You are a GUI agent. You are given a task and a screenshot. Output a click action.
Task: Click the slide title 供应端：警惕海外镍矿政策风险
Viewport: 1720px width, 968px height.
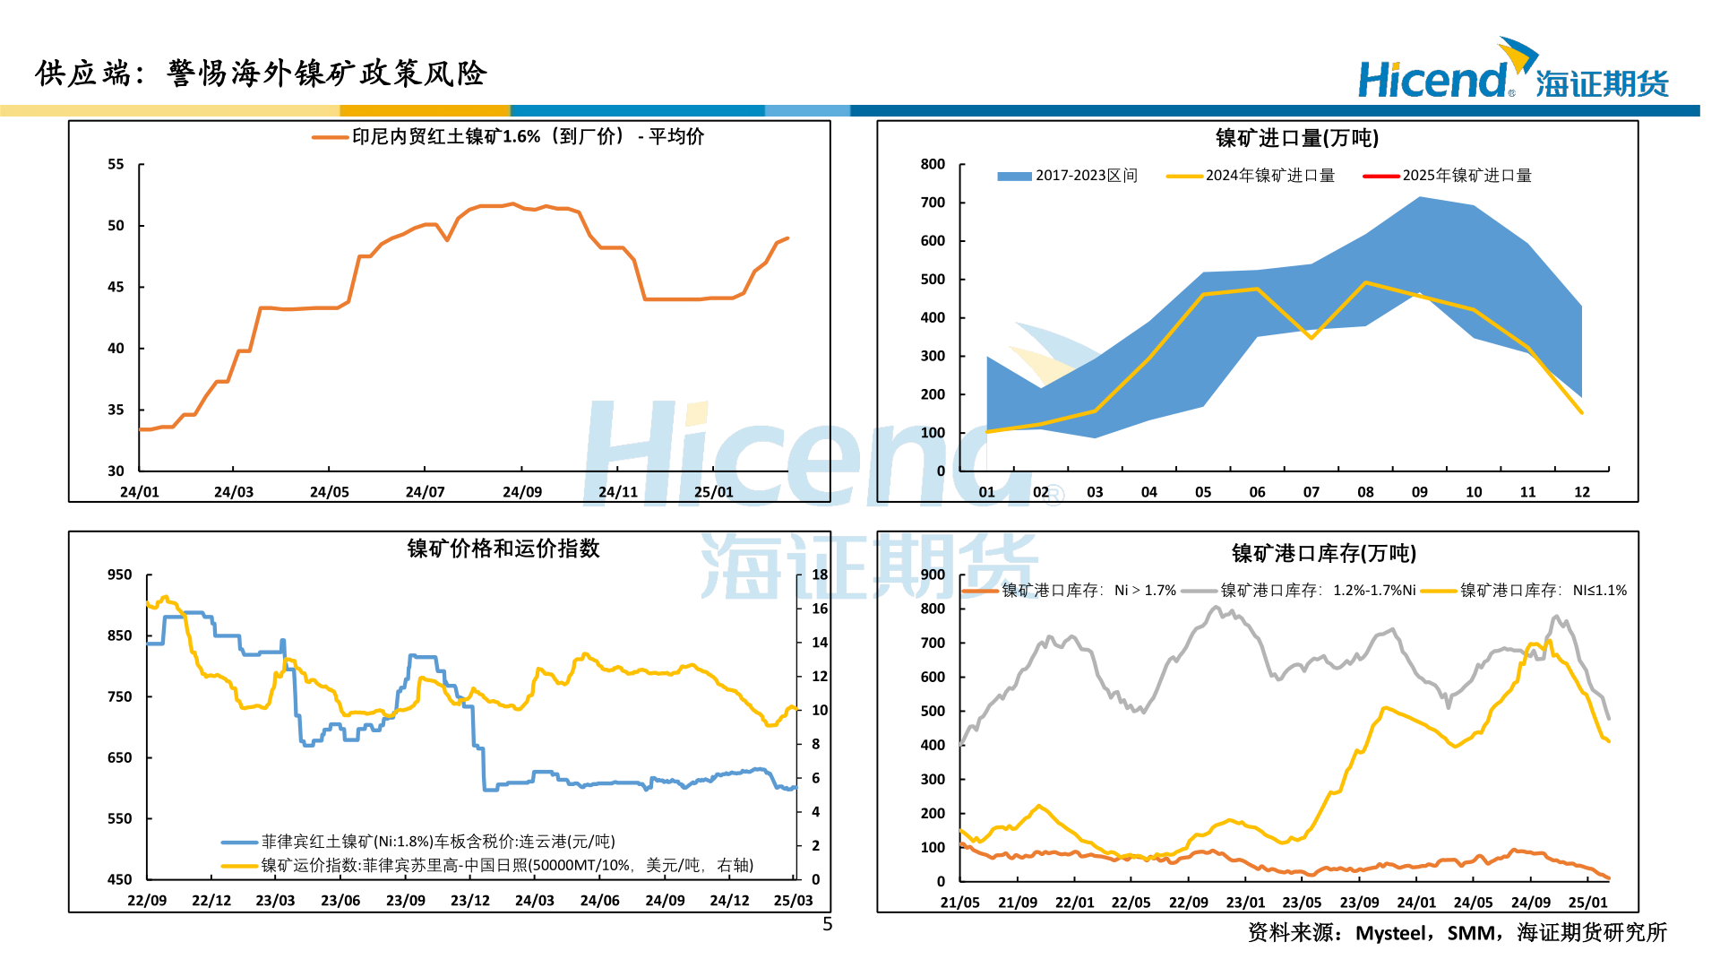pos(261,73)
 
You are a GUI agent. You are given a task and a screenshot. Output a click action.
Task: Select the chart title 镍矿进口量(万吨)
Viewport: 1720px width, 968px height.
pos(1296,138)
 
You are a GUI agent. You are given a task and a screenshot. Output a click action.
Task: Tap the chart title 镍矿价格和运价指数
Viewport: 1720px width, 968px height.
pos(503,549)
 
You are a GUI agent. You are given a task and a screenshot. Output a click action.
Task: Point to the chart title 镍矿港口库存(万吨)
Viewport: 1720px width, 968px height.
pos(1323,554)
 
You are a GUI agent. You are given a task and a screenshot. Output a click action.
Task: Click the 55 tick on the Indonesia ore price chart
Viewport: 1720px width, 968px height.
pos(116,165)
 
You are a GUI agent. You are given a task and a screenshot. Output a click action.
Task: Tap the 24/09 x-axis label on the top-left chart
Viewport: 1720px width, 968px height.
pos(522,492)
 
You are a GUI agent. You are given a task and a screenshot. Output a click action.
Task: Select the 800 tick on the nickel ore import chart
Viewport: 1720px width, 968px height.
pos(933,165)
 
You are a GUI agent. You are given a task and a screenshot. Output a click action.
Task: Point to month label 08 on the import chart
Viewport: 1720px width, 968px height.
pos(1365,492)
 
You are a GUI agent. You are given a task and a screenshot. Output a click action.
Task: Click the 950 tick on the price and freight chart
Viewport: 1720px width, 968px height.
pos(119,575)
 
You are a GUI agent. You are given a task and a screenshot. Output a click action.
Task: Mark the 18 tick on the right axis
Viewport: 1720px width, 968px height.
pos(820,575)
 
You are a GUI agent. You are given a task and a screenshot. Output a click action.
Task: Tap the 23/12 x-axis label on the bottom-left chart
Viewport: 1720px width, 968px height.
pos(470,901)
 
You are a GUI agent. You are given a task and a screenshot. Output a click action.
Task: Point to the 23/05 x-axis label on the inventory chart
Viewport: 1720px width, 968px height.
pos(1302,903)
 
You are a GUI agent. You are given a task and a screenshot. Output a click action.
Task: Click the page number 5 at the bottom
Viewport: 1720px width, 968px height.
pos(828,924)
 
